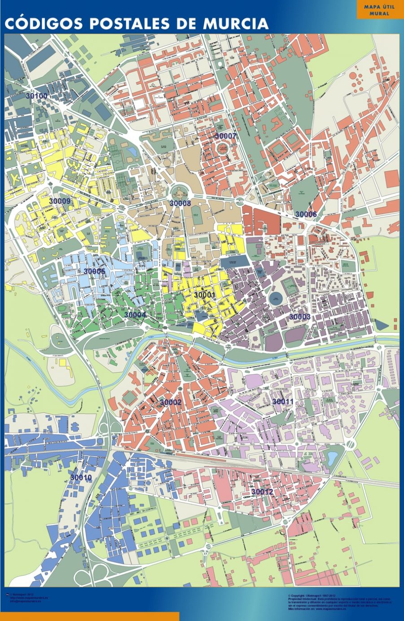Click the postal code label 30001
pos(205,295)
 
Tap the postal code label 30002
pos(171,402)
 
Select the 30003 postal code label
pos(299,317)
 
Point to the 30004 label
pos(135,315)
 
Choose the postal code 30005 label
pos(94,271)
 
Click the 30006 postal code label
pos(306,214)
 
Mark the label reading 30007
pos(225,136)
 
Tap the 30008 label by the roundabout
pos(180,203)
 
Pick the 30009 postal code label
pos(60,201)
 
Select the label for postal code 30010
pos(81,478)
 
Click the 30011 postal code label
pos(283,401)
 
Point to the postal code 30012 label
pos(262,492)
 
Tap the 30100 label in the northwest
pos(36,96)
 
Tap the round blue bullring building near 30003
pos(276,299)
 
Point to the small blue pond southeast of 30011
pos(333,458)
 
